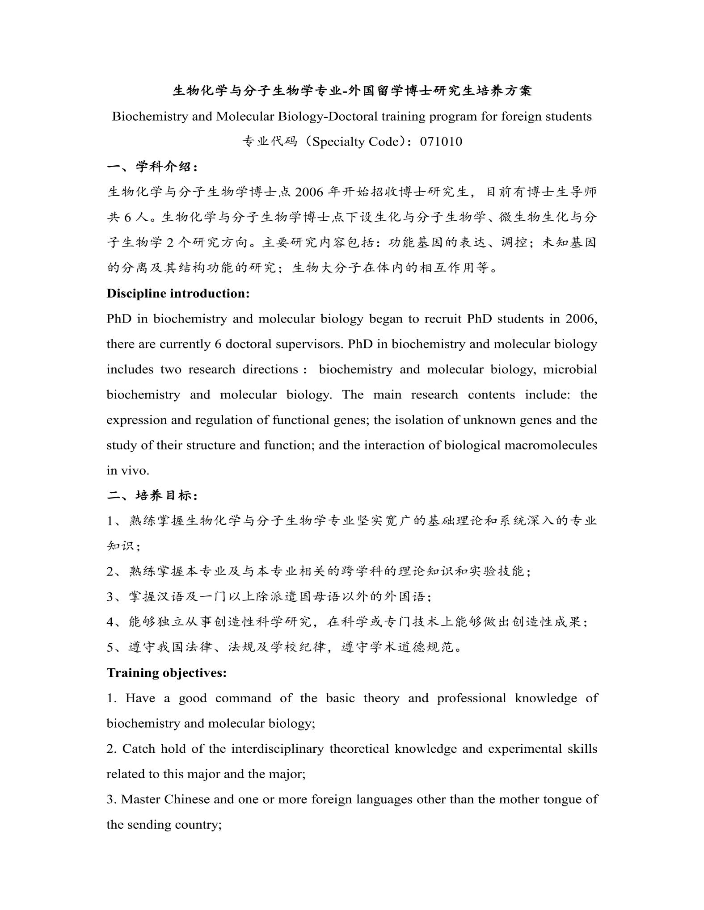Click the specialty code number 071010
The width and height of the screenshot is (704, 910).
[x=441, y=142]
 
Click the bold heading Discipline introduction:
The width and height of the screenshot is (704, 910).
[x=178, y=294]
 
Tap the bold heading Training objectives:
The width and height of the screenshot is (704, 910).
[x=166, y=673]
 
